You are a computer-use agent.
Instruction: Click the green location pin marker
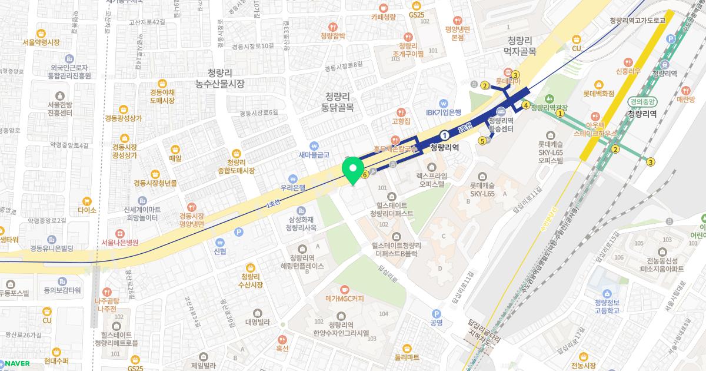(352, 171)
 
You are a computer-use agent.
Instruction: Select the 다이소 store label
(86, 209)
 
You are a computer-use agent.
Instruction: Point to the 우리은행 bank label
(293, 188)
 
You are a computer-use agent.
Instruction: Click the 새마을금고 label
(314, 154)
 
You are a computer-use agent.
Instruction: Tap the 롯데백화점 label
(598, 93)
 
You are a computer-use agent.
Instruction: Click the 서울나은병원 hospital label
(119, 242)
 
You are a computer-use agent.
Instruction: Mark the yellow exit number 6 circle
(365, 174)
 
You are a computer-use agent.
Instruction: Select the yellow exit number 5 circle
(482, 140)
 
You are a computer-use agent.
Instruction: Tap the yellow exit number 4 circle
(525, 105)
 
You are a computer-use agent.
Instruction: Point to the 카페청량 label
(383, 17)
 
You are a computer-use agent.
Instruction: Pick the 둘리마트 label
(407, 356)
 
